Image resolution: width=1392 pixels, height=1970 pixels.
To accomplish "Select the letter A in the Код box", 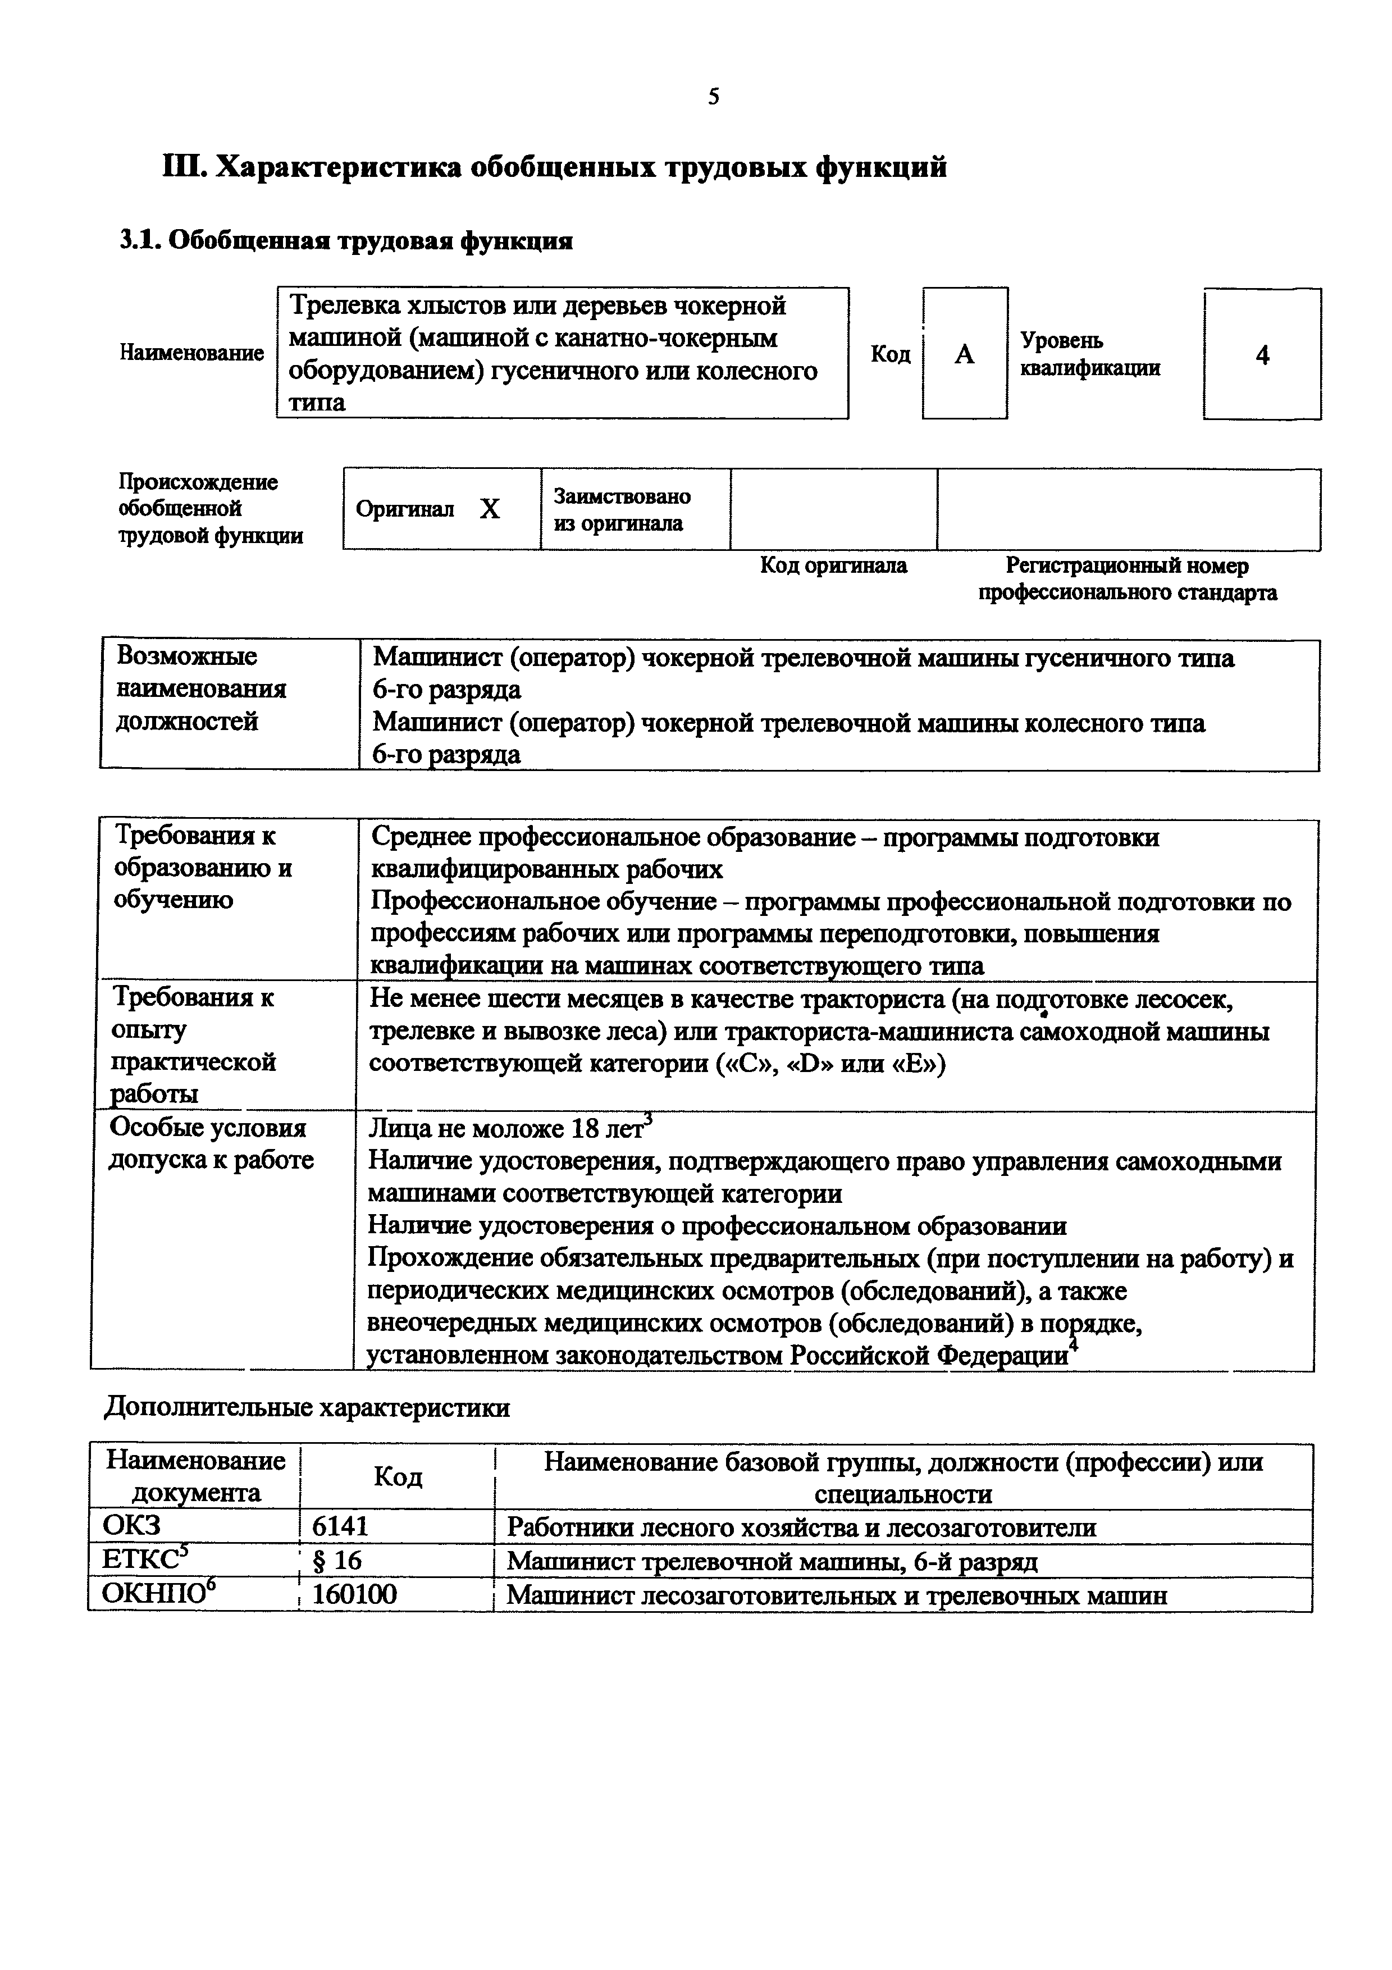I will (x=964, y=354).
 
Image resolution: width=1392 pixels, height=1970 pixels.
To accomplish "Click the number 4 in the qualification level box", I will (x=1262, y=354).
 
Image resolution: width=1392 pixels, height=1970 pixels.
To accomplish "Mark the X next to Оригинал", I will (x=489, y=510).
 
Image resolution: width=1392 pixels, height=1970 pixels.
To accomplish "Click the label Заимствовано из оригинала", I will (x=621, y=510).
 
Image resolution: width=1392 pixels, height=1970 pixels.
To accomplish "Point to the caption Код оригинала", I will (x=833, y=566).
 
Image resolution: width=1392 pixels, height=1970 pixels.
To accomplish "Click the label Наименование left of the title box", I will (x=192, y=353).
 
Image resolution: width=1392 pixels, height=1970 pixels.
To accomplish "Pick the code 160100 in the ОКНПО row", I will (x=354, y=1594).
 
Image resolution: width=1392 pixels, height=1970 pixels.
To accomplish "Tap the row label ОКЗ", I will (x=131, y=1526).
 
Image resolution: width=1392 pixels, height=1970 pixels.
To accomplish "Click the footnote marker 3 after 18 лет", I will (x=649, y=1117).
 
